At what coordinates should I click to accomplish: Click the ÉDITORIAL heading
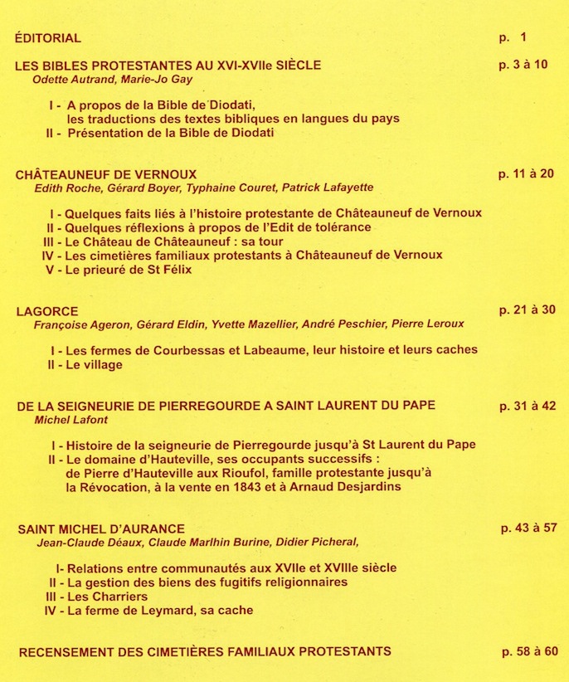tap(48, 38)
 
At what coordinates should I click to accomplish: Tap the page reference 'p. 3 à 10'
tap(523, 65)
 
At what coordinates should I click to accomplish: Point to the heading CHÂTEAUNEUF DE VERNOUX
tap(106, 174)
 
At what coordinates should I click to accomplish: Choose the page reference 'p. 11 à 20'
tap(526, 174)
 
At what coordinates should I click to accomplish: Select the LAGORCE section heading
tap(47, 311)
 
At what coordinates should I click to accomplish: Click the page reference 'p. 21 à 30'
tap(527, 310)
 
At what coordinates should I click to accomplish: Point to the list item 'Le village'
tap(93, 364)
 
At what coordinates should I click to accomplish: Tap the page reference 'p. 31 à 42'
tap(527, 406)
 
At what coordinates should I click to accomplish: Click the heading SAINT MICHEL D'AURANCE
tap(100, 529)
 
